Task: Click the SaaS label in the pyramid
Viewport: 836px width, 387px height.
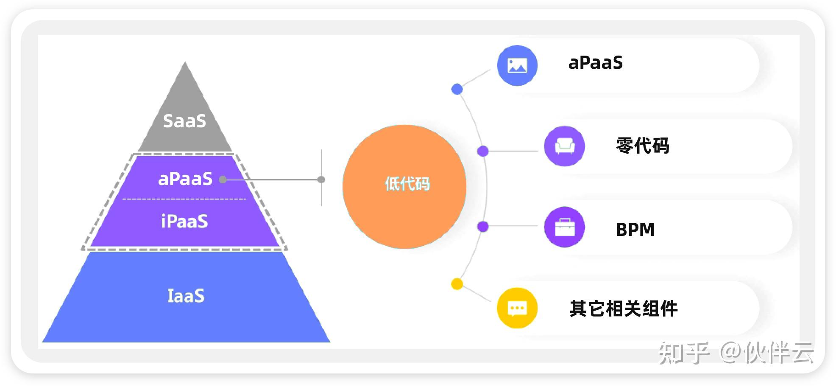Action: click(184, 121)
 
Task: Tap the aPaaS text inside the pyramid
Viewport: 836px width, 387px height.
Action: click(185, 179)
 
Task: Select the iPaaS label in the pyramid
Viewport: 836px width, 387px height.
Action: click(184, 221)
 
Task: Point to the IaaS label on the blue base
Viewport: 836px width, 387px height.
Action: click(186, 296)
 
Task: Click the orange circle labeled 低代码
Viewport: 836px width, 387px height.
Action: click(404, 186)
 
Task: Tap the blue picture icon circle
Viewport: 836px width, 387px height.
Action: click(517, 65)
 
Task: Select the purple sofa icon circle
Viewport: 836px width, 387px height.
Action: click(564, 146)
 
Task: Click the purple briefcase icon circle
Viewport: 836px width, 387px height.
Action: click(564, 227)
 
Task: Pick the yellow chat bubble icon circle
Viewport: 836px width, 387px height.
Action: click(517, 308)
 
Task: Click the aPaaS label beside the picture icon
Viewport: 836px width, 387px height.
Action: click(595, 63)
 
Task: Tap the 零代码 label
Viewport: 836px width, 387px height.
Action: click(642, 146)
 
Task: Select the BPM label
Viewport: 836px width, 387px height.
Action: click(635, 230)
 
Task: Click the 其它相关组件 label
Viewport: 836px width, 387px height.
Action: click(623, 308)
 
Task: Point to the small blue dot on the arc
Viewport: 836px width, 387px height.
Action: click(457, 89)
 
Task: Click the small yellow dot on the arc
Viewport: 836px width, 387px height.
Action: click(457, 284)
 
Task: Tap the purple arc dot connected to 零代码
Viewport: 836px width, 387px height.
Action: click(483, 151)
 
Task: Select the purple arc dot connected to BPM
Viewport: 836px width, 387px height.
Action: click(483, 227)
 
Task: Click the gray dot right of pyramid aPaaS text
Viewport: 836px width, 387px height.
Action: click(223, 179)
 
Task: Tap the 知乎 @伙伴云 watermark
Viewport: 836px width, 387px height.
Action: click(736, 353)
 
